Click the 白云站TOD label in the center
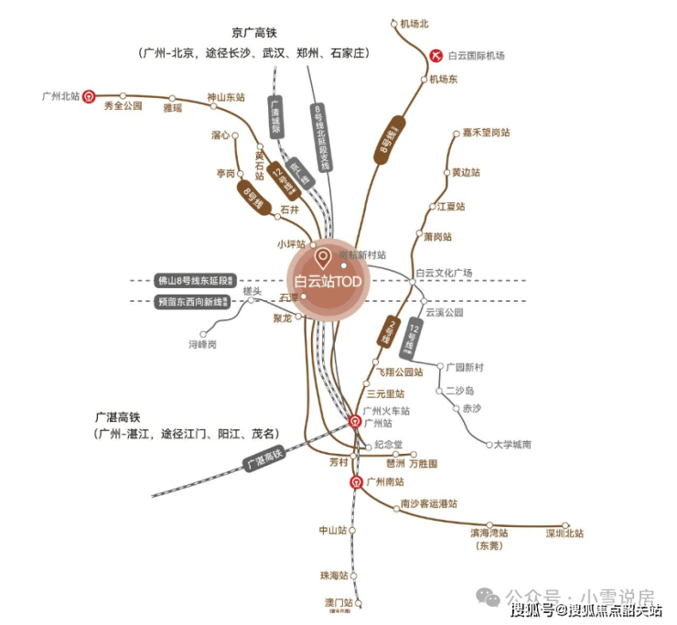(x=326, y=282)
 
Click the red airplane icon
(x=435, y=56)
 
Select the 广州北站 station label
(x=61, y=94)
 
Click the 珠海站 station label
(x=334, y=576)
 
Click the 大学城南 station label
(x=512, y=445)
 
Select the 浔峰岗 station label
(x=202, y=345)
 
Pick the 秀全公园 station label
(x=124, y=106)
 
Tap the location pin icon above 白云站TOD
(x=322, y=255)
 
